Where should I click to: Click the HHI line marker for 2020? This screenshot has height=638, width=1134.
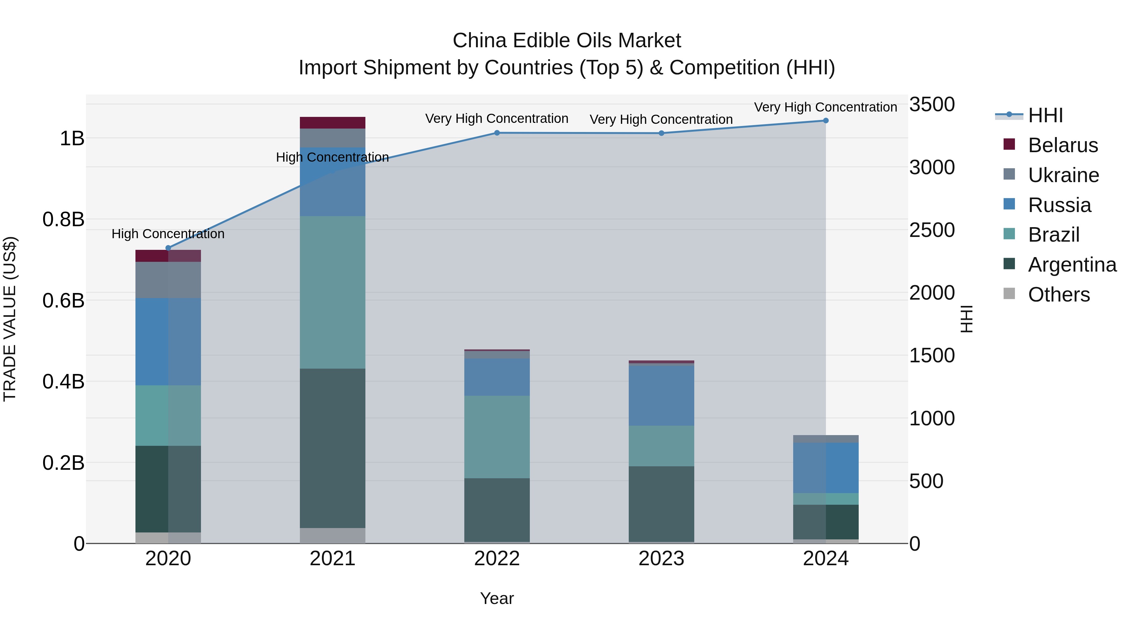[168, 248]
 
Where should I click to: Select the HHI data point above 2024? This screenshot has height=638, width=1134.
[825, 121]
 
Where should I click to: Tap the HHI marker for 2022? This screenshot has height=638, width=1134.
[496, 133]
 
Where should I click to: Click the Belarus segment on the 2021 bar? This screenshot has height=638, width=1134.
[332, 123]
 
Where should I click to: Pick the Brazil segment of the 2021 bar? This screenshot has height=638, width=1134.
[332, 292]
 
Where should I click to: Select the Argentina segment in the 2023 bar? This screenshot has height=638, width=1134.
[661, 504]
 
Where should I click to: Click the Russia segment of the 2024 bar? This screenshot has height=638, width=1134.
[825, 468]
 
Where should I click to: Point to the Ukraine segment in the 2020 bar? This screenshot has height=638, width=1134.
[168, 280]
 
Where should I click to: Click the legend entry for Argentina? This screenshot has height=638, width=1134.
[1072, 265]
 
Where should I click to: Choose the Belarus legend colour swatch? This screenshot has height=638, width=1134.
[1009, 144]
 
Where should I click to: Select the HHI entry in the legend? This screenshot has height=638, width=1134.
[1045, 115]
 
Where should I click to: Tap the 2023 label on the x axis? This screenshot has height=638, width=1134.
[661, 558]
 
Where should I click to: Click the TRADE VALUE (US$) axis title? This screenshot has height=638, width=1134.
[10, 319]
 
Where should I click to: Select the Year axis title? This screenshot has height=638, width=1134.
[496, 598]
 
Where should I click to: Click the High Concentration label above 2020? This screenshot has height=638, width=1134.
[168, 234]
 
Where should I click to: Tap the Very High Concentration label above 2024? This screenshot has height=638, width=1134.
[825, 107]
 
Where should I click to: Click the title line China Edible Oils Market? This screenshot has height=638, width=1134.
[567, 41]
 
